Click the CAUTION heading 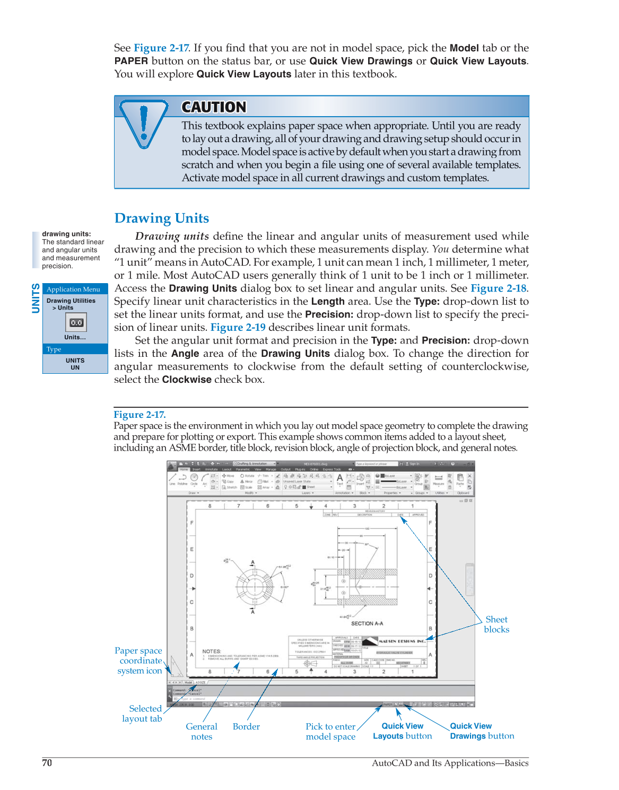[x=214, y=107]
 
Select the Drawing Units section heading [x=162, y=218]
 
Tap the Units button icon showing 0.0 [x=76, y=322]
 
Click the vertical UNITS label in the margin [x=36, y=298]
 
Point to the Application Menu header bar [x=75, y=289]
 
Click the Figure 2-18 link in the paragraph [x=498, y=288]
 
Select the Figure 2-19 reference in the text [x=238, y=328]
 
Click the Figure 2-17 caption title [x=140, y=415]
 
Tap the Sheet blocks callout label [x=496, y=625]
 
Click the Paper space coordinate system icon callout [x=139, y=661]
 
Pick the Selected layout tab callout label [x=142, y=714]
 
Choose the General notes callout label [x=202, y=732]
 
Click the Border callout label [x=246, y=726]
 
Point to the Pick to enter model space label [x=330, y=732]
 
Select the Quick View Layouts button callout [x=402, y=731]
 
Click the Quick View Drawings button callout [x=482, y=731]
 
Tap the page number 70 [x=47, y=763]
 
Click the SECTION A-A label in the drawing [x=367, y=624]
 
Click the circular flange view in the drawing [x=253, y=586]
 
